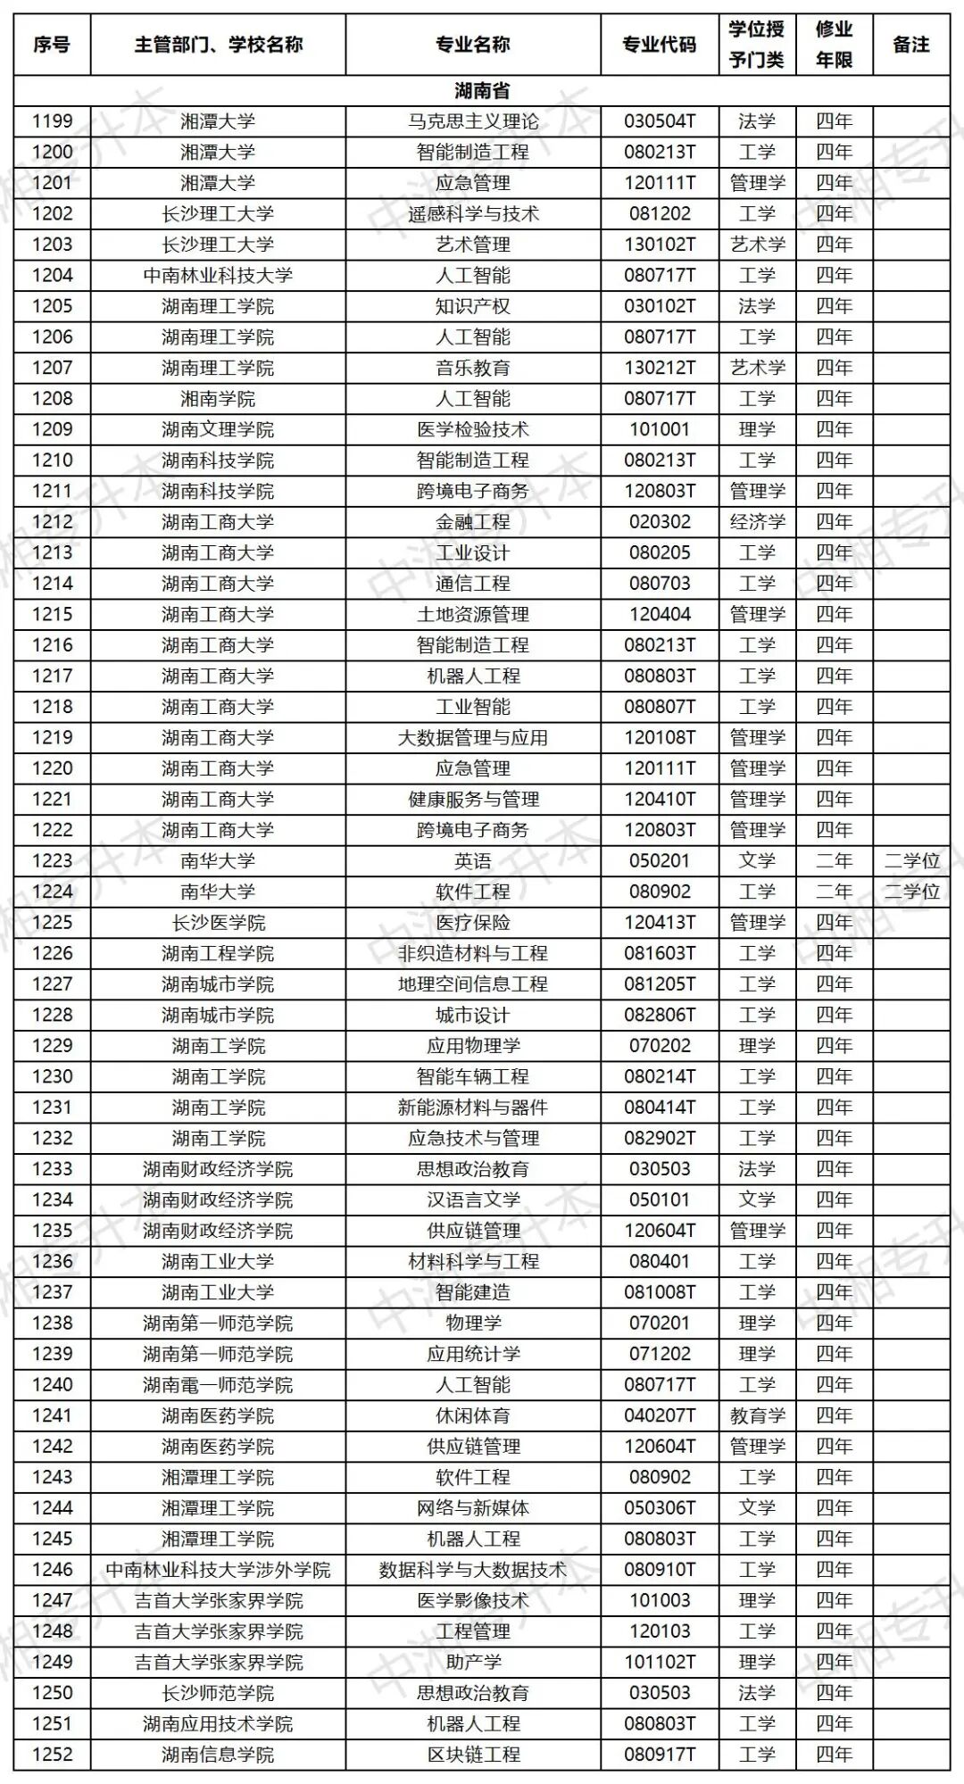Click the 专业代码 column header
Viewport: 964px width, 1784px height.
(x=659, y=44)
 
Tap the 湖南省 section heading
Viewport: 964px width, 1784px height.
(x=481, y=90)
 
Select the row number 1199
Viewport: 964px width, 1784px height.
(x=52, y=121)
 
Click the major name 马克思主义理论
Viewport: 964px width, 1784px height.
(x=473, y=121)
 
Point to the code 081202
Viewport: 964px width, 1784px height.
(x=659, y=213)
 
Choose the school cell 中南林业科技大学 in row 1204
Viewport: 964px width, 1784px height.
(x=218, y=275)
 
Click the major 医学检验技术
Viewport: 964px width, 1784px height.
(x=473, y=429)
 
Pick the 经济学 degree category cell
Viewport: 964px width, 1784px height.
(x=757, y=521)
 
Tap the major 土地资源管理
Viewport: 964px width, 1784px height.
(x=473, y=614)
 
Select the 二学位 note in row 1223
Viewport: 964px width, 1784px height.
(x=911, y=860)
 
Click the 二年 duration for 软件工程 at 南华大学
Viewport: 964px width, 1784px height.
(x=834, y=892)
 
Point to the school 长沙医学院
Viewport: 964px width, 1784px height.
(x=218, y=922)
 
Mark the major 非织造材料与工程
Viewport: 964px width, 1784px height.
(x=473, y=953)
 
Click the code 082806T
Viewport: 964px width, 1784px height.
(x=659, y=1015)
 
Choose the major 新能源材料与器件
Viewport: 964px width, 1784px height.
(x=473, y=1108)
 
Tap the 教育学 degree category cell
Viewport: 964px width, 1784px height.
(x=757, y=1415)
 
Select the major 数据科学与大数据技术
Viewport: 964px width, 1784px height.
(x=473, y=1570)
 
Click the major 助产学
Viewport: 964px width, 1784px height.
(x=473, y=1662)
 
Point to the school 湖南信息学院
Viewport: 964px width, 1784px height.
(x=218, y=1755)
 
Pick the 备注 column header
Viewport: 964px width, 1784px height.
(x=911, y=44)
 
